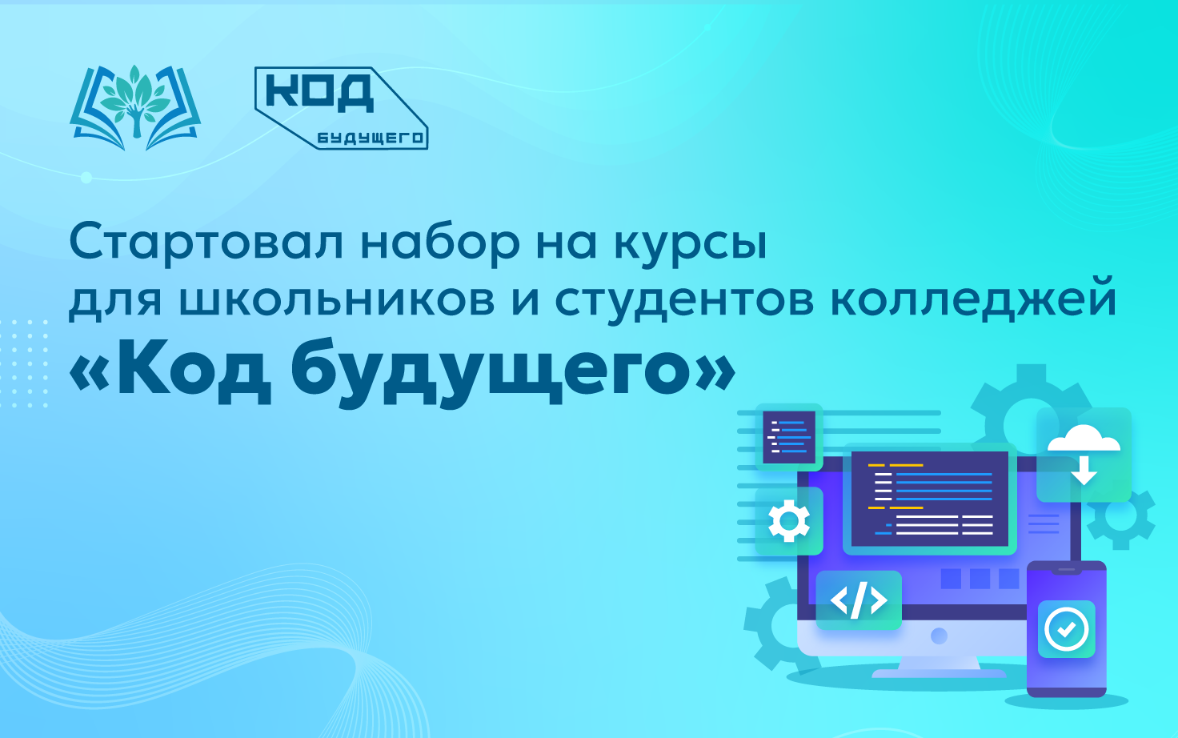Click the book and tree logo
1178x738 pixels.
pyautogui.click(x=135, y=107)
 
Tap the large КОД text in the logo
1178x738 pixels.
pyautogui.click(x=320, y=93)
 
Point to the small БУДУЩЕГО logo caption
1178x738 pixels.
pyautogui.click(x=371, y=138)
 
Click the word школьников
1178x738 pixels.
pyautogui.click(x=337, y=301)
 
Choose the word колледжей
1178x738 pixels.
pyautogui.click(x=973, y=300)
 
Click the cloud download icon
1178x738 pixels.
pyautogui.click(x=1084, y=455)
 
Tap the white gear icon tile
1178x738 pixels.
pyautogui.click(x=789, y=521)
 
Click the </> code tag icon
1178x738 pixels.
pyautogui.click(x=859, y=600)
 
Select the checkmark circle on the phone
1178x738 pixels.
pyautogui.click(x=1066, y=629)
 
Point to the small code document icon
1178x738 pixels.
pyautogui.click(x=789, y=437)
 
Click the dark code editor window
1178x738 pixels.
pyautogui.click(x=929, y=499)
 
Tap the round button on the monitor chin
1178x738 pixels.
pyautogui.click(x=939, y=636)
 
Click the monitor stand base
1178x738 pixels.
pyautogui.click(x=939, y=673)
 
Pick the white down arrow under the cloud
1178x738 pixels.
pyautogui.click(x=1084, y=471)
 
